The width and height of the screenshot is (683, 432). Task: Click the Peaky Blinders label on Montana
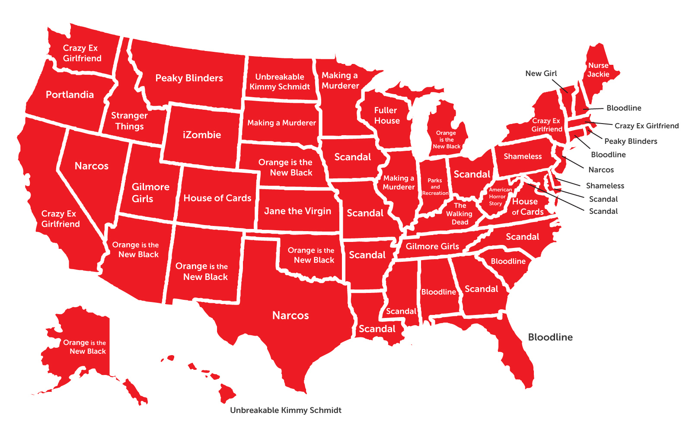(x=189, y=78)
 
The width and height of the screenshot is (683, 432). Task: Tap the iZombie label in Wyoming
(x=201, y=135)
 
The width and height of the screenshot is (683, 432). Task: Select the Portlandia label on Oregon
(x=70, y=95)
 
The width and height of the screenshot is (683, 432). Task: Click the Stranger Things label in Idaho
(x=129, y=121)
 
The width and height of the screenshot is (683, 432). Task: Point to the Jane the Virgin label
(x=297, y=211)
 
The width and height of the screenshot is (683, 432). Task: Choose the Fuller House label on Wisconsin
(x=386, y=115)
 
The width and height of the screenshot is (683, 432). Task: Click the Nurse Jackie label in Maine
(x=598, y=70)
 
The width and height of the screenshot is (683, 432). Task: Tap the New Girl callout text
(x=541, y=73)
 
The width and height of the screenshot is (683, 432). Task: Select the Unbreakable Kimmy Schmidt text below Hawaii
(x=285, y=410)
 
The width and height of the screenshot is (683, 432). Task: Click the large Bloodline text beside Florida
(x=550, y=337)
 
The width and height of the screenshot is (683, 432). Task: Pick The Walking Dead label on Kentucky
(x=460, y=214)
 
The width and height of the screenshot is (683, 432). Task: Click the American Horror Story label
(x=498, y=197)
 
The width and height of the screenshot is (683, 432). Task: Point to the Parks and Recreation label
(x=435, y=187)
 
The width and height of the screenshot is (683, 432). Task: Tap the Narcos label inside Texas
(x=290, y=316)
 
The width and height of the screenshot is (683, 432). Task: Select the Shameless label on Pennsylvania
(x=522, y=156)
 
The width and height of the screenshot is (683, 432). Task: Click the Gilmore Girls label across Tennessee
(x=432, y=247)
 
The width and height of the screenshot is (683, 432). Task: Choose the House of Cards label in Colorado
(x=217, y=198)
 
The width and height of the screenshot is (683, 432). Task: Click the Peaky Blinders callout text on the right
(x=630, y=141)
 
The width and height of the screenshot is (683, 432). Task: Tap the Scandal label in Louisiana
(x=377, y=329)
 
